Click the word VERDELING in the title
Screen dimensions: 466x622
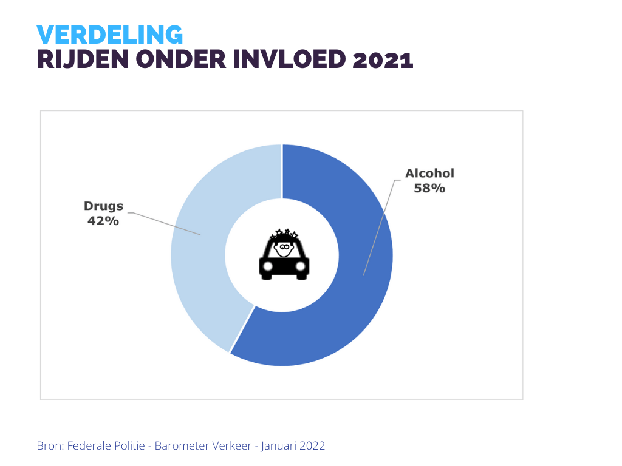[x=109, y=35]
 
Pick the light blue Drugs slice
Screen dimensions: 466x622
[x=194, y=273]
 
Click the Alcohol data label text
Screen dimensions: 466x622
[x=430, y=174]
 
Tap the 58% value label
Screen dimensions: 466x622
[x=429, y=188]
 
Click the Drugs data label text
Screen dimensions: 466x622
[x=103, y=206]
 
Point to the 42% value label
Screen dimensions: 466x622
[x=103, y=221]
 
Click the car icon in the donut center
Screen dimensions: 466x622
[x=284, y=266]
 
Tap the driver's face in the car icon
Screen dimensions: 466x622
[x=284, y=248]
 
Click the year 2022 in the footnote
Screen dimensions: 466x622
[x=313, y=446]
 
